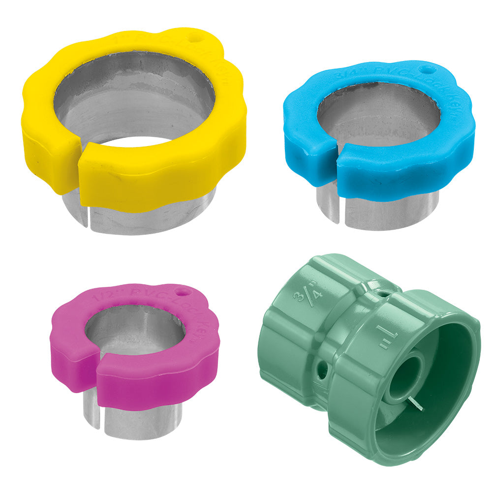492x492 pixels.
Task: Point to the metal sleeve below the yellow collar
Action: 148,216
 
